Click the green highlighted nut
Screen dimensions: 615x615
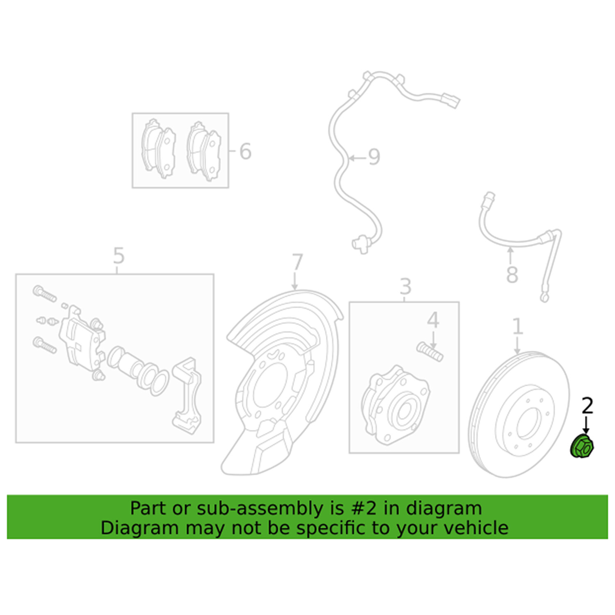point(581,447)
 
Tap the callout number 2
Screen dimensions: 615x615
point(587,406)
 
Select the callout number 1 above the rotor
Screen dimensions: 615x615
point(517,326)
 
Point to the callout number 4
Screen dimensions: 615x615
point(433,320)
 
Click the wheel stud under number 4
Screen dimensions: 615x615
point(430,352)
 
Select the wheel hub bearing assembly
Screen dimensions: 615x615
point(396,406)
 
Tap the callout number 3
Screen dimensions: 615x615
point(405,286)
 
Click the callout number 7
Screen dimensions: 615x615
point(297,262)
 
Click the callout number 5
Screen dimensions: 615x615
point(118,256)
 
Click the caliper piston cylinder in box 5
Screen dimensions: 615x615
point(127,363)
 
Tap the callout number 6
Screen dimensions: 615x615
point(245,151)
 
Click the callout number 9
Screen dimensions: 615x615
point(374,157)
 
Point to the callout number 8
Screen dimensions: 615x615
point(512,275)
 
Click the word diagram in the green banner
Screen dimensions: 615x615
point(444,508)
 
